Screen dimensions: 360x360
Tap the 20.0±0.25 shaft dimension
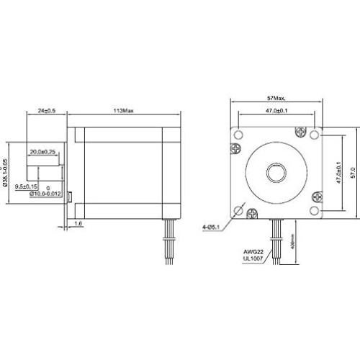pyautogui.click(x=43, y=152)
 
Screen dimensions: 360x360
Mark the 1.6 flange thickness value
pyautogui.click(x=78, y=225)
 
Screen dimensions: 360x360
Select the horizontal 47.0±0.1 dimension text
pyautogui.click(x=277, y=112)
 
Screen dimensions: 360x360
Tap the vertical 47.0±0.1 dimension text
pyautogui.click(x=338, y=173)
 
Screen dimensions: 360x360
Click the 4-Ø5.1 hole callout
pyautogui.click(x=212, y=228)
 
